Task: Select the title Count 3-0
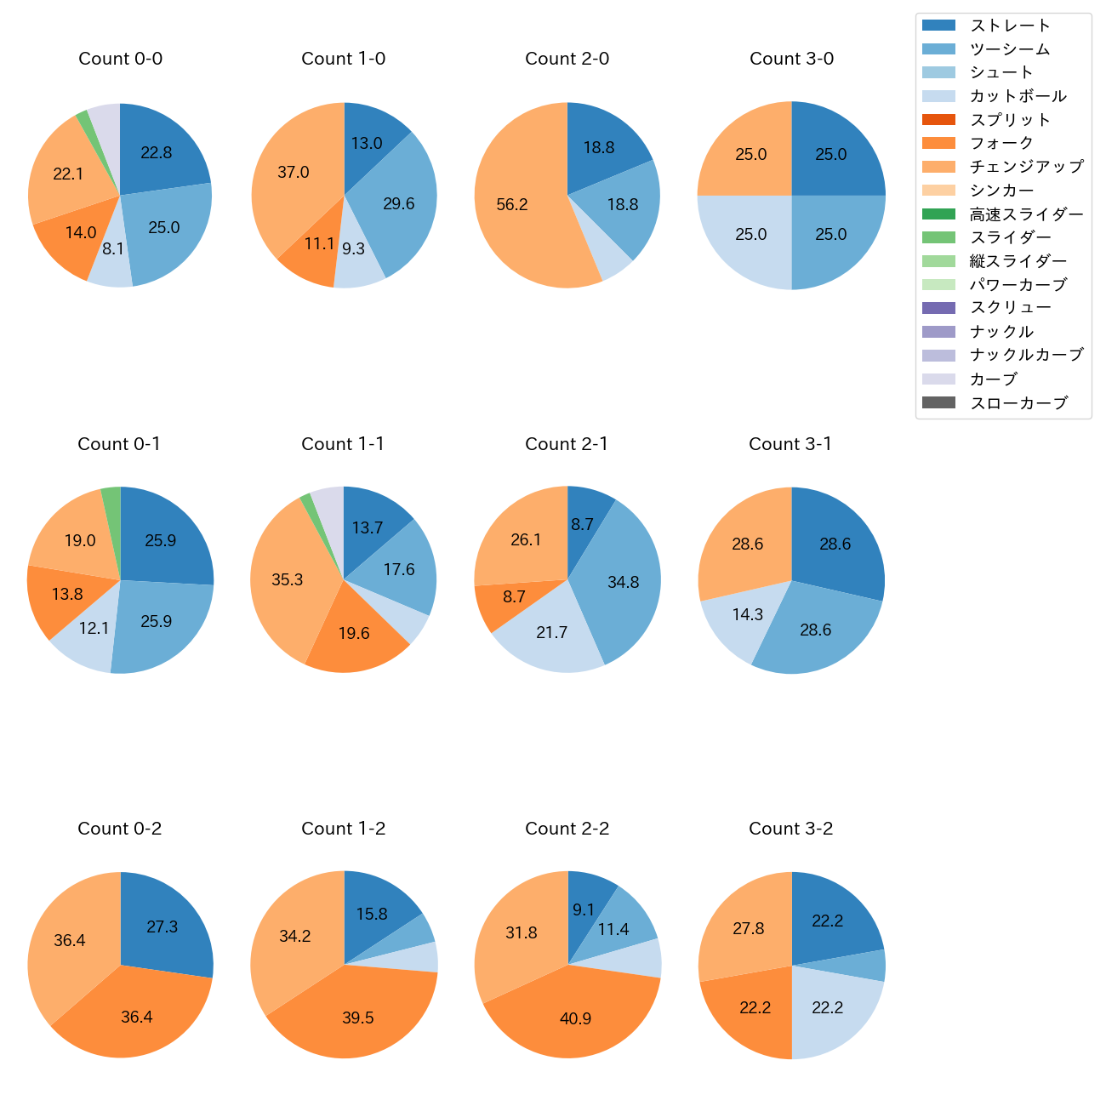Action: click(x=791, y=59)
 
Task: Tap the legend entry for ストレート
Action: click(x=1010, y=26)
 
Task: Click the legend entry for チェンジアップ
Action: click(x=1026, y=167)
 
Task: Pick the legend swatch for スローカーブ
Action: click(x=938, y=402)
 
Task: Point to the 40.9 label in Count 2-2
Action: click(x=575, y=1018)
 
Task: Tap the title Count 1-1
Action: click(x=343, y=444)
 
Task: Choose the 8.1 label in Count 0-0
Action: click(x=113, y=249)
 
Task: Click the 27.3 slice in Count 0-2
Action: click(x=163, y=926)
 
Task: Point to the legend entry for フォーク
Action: click(x=1001, y=143)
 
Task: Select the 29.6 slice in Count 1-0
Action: click(x=396, y=204)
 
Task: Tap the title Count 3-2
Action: click(x=790, y=829)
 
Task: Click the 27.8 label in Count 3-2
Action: click(x=749, y=928)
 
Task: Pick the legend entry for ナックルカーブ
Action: click(x=1026, y=355)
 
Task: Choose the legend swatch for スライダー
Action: click(x=938, y=237)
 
